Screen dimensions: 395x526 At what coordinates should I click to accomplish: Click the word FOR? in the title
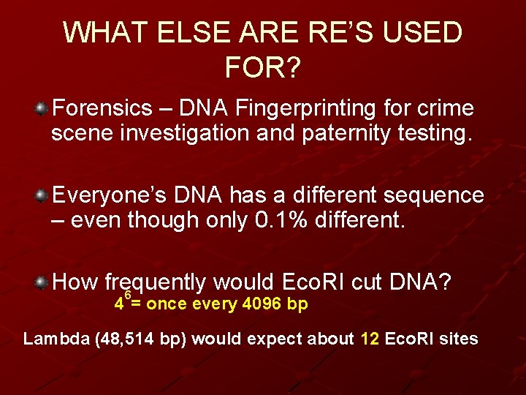tap(262, 68)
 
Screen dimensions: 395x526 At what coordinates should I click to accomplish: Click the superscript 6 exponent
tap(127, 295)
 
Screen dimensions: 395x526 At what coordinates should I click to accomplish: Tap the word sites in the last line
tap(460, 339)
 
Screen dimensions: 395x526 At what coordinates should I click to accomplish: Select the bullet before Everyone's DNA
tap(42, 196)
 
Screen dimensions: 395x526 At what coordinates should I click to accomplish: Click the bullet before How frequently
tap(42, 282)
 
